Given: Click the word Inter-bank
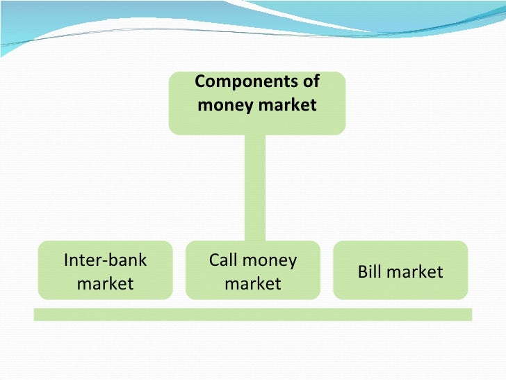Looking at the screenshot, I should click(106, 260).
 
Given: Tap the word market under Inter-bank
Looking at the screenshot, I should click(106, 283).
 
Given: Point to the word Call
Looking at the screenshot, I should click(222, 260).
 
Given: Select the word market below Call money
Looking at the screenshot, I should click(253, 283).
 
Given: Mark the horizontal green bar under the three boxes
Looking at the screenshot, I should click(253, 314).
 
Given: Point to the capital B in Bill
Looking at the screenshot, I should click(362, 271).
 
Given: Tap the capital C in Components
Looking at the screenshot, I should click(199, 82).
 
